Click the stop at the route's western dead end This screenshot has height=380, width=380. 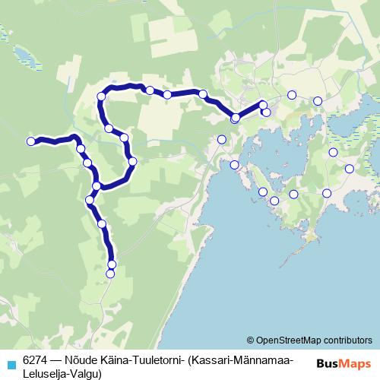[31, 141]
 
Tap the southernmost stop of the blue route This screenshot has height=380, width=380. [110, 274]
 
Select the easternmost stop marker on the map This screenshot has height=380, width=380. [350, 169]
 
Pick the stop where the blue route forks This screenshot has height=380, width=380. [97, 186]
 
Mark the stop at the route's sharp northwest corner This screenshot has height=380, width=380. [101, 97]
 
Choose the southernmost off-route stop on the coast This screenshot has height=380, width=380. [274, 201]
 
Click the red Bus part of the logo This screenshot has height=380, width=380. [328, 363]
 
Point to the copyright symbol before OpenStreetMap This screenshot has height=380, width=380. [250, 340]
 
